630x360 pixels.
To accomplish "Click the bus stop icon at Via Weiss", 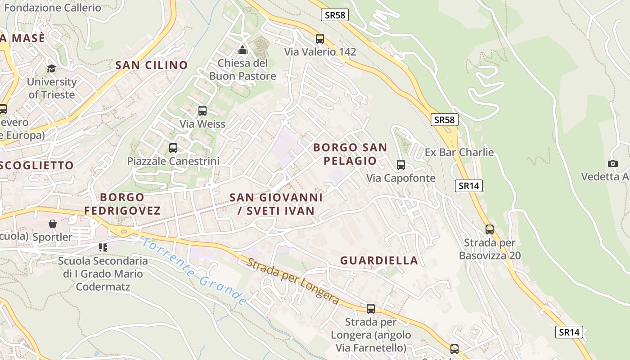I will [x=202, y=110].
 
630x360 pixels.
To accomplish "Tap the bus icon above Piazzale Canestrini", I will [x=173, y=148].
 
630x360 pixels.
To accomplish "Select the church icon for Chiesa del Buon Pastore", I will [x=243, y=49].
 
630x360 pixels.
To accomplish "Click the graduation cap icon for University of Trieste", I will [x=52, y=69].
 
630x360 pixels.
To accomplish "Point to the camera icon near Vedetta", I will [x=612, y=163].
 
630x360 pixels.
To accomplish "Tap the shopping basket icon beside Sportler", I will [x=53, y=224].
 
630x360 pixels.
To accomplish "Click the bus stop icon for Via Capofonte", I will [x=401, y=165].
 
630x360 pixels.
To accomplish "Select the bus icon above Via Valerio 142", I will [x=320, y=39].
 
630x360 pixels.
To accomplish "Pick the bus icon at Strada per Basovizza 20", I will [x=490, y=229].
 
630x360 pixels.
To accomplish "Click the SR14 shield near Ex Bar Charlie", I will [x=468, y=186].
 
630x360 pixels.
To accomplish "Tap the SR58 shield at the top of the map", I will [x=335, y=15].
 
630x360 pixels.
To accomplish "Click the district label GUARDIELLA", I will [x=379, y=261].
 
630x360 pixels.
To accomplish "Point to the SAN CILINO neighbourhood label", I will [x=152, y=65].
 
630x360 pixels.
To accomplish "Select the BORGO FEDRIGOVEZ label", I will [x=122, y=204].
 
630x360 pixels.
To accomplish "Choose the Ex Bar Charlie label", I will [x=459, y=153].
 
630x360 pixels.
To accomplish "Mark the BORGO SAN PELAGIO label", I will [x=350, y=154].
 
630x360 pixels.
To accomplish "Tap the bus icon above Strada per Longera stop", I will [x=371, y=309].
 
